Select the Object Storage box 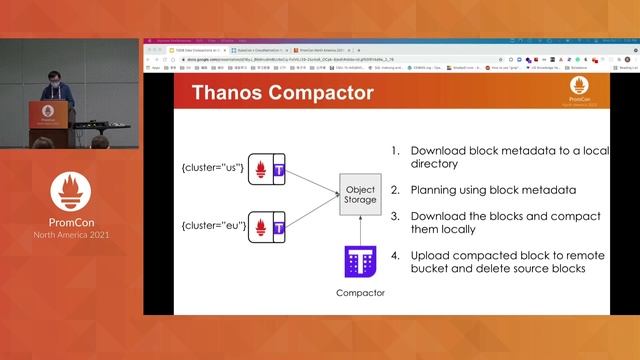(360, 193)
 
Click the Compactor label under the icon (360, 294)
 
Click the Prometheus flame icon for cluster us (258, 166)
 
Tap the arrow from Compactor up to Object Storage (360, 227)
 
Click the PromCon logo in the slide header (579, 94)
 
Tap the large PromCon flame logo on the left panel (70, 192)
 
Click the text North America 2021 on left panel (70, 235)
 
